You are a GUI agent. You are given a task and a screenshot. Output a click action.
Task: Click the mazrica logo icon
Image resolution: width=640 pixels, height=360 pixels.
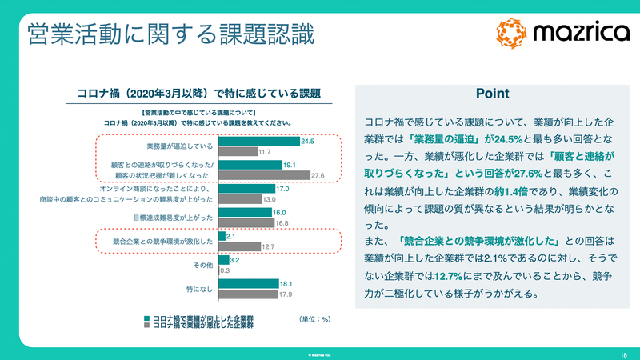[x=512, y=32]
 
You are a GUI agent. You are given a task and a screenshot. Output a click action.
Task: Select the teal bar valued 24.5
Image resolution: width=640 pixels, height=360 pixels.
[x=256, y=142]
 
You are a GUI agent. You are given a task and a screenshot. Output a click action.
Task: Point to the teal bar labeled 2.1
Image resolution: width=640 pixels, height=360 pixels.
[x=222, y=237]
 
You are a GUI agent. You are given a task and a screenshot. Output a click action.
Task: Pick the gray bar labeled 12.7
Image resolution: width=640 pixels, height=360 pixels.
[x=238, y=246]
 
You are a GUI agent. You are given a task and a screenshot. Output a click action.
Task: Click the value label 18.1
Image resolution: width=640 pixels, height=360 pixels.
[x=285, y=283]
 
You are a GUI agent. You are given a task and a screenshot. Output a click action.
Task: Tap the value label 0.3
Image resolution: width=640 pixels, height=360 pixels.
[x=226, y=270]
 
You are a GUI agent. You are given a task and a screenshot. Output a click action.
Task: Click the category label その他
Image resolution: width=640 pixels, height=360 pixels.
[x=202, y=265]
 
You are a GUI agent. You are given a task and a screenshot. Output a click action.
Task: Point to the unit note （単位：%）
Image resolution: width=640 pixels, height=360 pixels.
[x=314, y=319]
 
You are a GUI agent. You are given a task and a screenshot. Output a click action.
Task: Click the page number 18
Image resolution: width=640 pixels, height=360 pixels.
[x=622, y=353]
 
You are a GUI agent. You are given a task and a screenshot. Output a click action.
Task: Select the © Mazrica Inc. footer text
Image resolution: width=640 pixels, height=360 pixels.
[x=319, y=353]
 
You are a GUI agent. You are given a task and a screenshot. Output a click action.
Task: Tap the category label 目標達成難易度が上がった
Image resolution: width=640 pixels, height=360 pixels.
[x=173, y=218]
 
